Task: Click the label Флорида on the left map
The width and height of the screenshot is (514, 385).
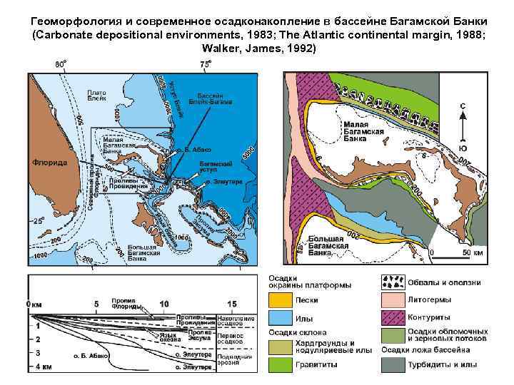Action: pos(50,163)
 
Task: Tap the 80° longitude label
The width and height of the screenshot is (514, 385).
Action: pos(62,64)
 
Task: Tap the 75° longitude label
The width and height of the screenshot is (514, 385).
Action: pos(205,64)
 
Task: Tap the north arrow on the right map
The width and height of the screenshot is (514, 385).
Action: pos(463,127)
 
